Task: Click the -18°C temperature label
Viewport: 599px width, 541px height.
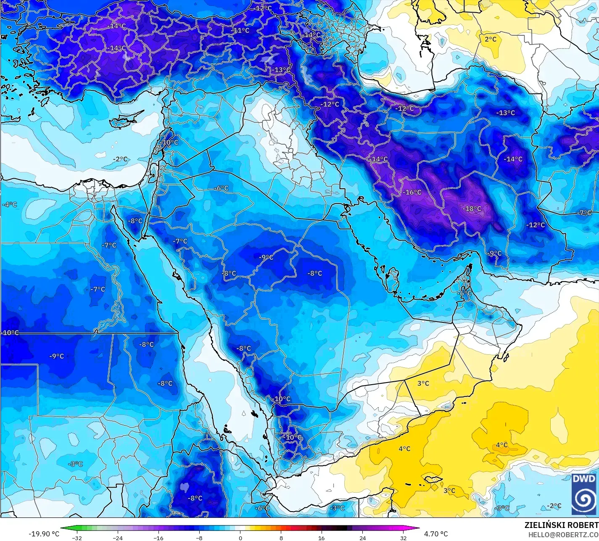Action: point(472,208)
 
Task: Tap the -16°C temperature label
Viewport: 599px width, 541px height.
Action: point(412,192)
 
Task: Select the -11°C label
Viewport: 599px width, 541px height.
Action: point(241,30)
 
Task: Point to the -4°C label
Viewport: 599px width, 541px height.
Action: point(9,204)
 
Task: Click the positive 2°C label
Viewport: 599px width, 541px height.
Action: point(490,39)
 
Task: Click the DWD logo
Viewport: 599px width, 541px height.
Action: point(583,494)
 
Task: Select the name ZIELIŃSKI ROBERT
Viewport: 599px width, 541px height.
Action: point(561,525)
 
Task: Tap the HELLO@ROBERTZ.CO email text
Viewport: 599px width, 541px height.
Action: point(563,534)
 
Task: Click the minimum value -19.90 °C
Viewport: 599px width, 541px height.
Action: point(44,534)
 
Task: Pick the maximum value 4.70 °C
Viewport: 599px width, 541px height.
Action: point(435,534)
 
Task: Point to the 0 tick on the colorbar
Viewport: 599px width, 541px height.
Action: point(240,538)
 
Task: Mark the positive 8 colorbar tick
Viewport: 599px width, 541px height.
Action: point(281,538)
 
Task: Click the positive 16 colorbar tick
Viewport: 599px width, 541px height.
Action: point(322,538)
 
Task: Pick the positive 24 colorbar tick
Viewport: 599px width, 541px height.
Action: point(362,538)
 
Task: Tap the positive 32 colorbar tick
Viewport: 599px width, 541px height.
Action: point(403,538)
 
